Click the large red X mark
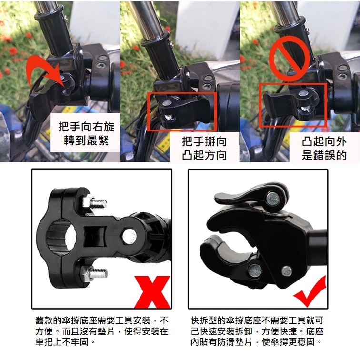pos(152,292)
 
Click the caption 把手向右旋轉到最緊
pos(86,133)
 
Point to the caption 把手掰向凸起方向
pos(204,148)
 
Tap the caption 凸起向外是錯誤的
pos(324,148)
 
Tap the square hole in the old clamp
pos(95,237)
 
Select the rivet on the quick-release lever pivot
pos(273,199)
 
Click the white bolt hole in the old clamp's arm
pos(129,237)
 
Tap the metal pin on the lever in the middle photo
pos(168,103)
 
